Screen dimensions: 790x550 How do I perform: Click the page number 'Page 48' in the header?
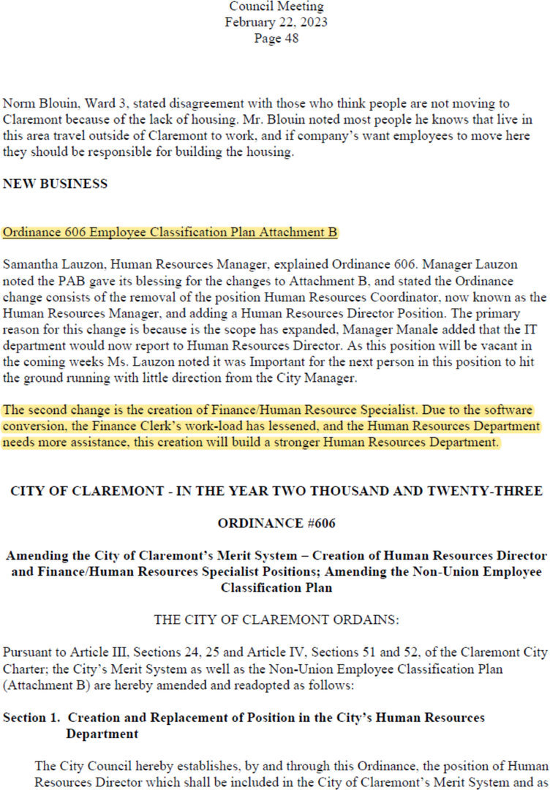pyautogui.click(x=276, y=39)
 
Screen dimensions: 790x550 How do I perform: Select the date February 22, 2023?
pyautogui.click(x=276, y=22)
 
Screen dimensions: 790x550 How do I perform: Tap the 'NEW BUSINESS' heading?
pyautogui.click(x=56, y=184)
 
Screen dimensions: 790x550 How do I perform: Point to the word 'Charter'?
pyautogui.click(x=23, y=668)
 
